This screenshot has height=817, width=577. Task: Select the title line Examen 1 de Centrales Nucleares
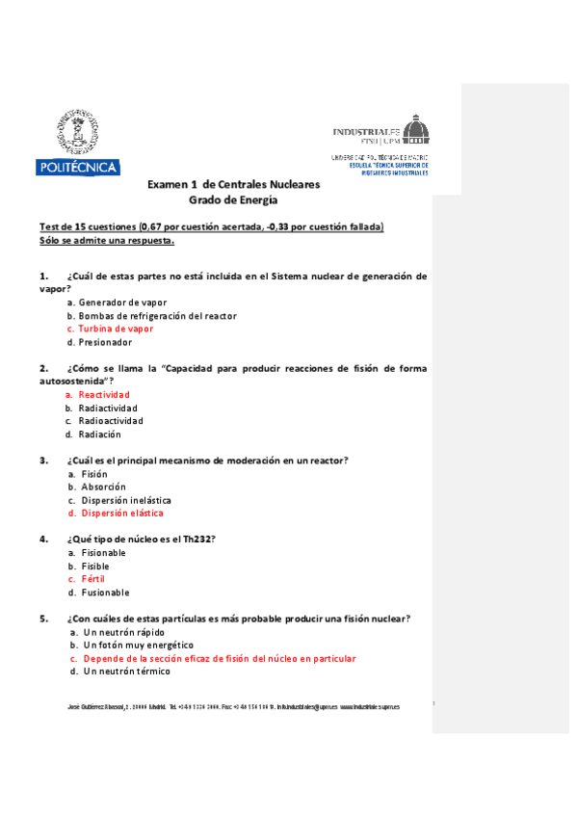tap(233, 184)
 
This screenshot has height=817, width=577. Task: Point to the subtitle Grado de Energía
tap(233, 200)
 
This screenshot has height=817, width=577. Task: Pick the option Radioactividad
tap(111, 421)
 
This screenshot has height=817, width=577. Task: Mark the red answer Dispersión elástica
tap(122, 514)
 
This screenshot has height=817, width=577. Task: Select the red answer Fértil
tap(92, 579)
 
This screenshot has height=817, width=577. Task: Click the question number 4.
tap(43, 539)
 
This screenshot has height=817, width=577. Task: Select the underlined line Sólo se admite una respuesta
tap(106, 240)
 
